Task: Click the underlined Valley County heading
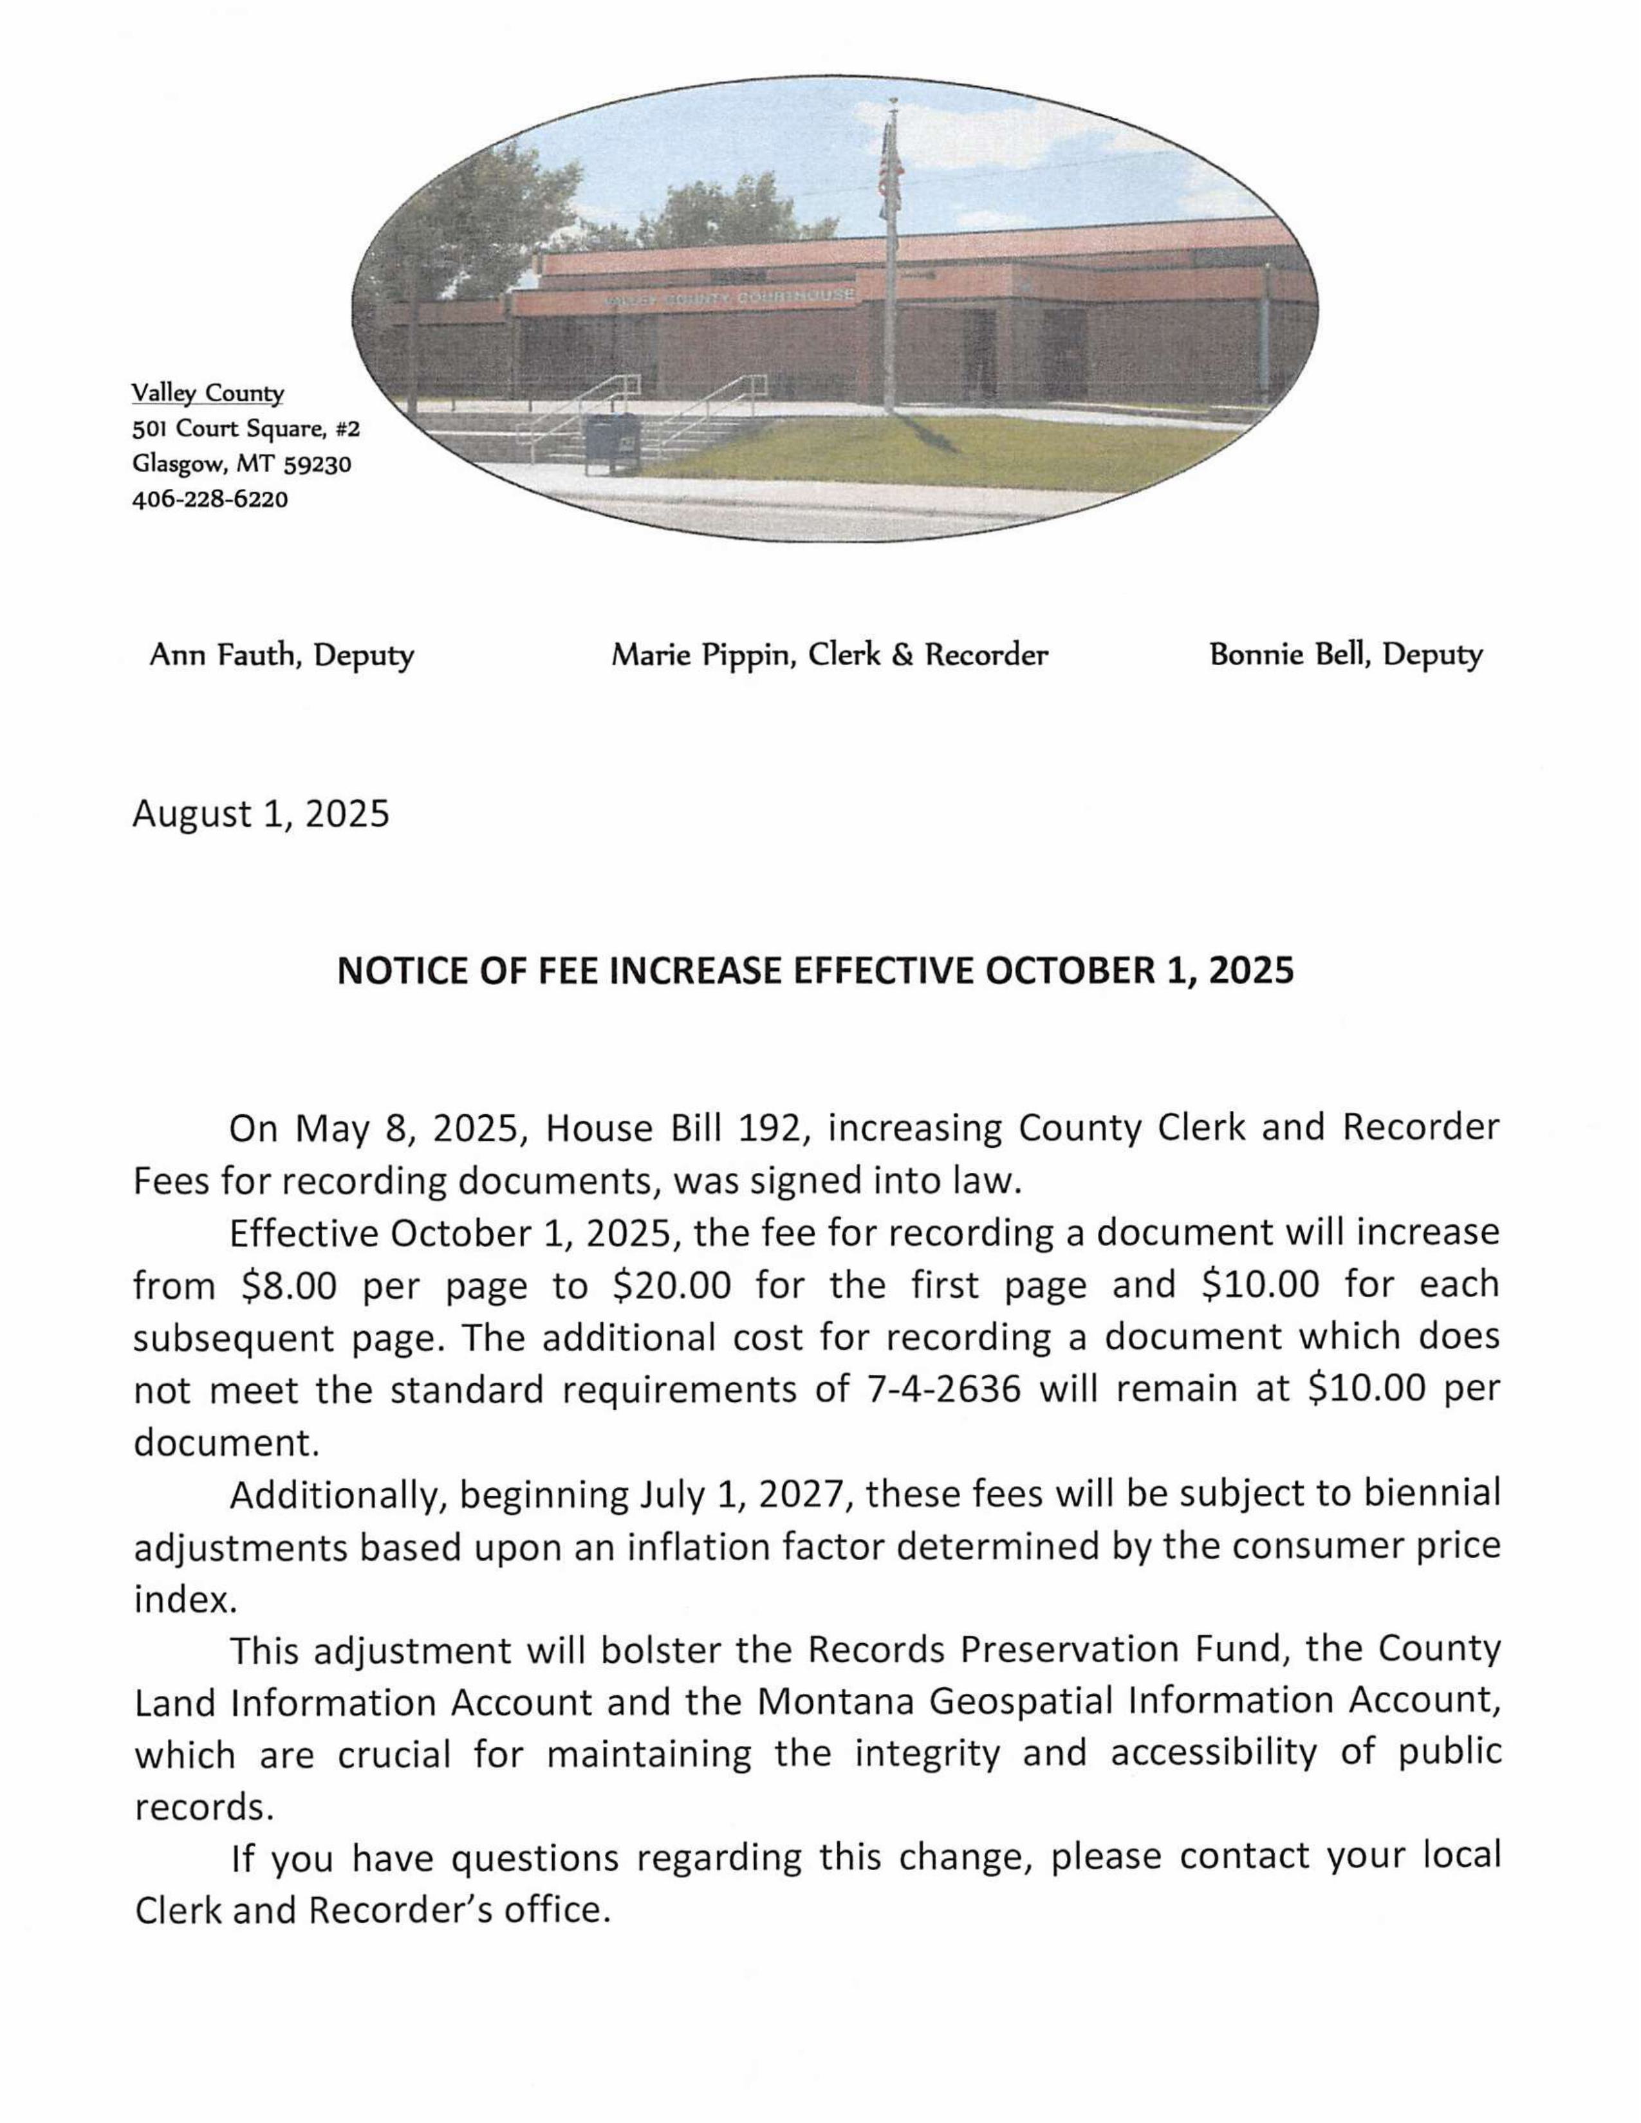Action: [208, 394]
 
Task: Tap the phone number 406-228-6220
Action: [210, 500]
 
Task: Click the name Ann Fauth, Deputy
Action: [281, 655]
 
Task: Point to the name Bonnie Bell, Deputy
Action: [1346, 655]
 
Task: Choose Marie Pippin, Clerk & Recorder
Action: [830, 655]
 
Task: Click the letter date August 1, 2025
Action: [261, 814]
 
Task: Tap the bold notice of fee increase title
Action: [815, 971]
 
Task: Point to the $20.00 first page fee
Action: [672, 1286]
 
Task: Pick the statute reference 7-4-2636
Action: [942, 1391]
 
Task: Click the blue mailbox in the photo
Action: [611, 443]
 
